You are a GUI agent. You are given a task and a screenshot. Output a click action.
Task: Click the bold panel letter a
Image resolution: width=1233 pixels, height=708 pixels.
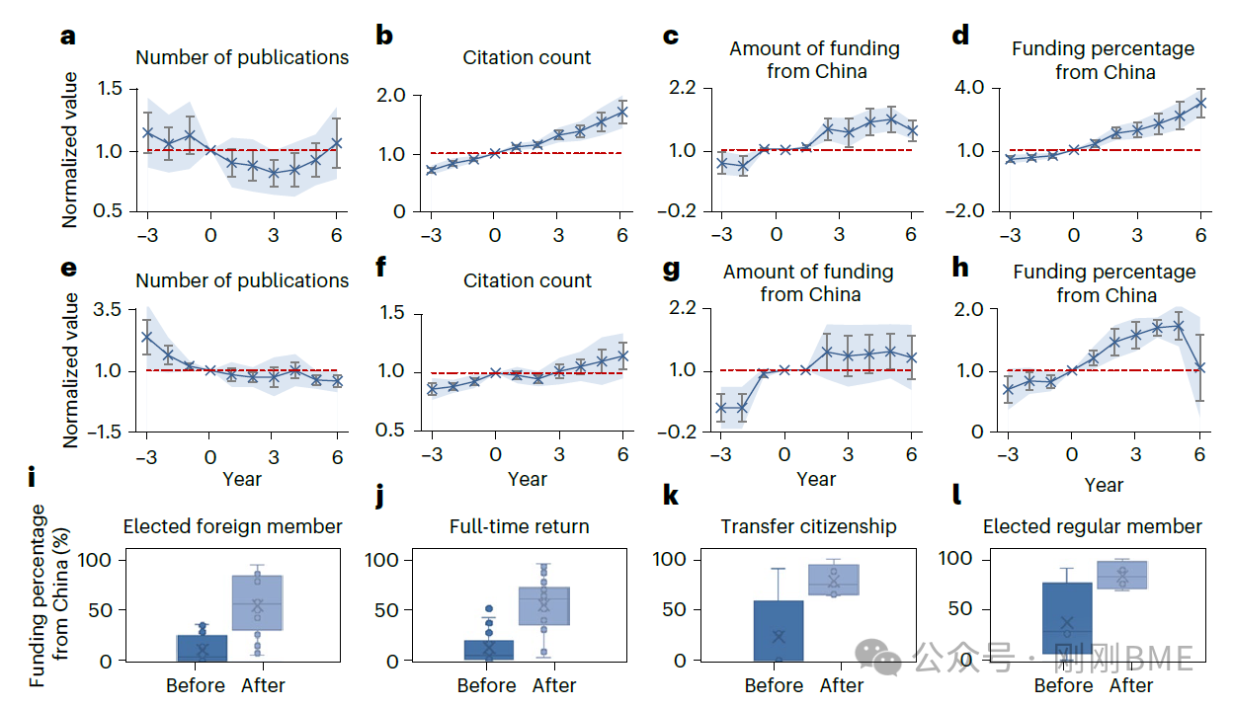click(x=67, y=37)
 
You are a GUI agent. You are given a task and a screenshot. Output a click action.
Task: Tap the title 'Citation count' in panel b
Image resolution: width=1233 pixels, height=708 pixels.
click(x=527, y=57)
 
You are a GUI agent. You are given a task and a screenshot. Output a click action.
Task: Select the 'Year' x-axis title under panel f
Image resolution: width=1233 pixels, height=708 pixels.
click(x=527, y=479)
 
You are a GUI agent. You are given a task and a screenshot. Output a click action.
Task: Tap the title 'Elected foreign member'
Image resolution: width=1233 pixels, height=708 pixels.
click(x=232, y=526)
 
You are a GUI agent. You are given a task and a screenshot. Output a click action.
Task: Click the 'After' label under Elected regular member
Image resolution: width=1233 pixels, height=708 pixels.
click(x=1130, y=685)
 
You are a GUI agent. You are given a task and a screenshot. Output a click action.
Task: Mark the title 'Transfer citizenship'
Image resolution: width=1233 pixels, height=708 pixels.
click(x=808, y=526)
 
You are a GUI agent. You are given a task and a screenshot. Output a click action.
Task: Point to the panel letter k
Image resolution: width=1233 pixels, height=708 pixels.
click(x=671, y=495)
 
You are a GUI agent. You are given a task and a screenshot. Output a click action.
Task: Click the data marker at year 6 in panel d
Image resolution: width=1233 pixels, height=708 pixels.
click(x=1201, y=102)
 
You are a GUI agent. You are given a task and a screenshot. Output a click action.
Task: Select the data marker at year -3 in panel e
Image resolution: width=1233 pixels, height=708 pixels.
click(x=146, y=336)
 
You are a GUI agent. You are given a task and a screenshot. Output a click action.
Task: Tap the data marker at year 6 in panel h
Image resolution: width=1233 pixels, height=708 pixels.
click(x=1200, y=367)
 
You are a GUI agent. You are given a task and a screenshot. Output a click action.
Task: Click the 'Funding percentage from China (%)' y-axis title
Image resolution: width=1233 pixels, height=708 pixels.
click(x=47, y=595)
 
